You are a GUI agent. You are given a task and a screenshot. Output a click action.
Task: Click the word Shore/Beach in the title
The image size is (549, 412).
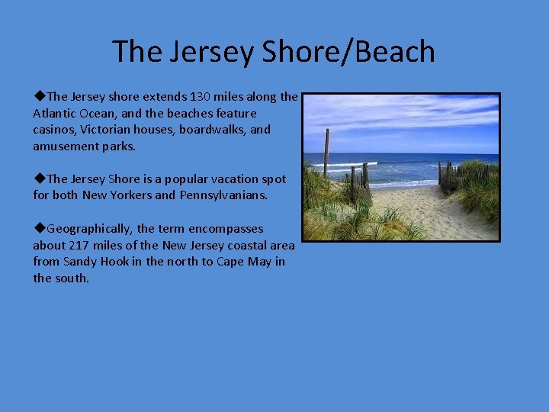tap(348, 52)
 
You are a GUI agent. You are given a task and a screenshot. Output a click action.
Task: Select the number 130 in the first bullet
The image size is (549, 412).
tap(201, 97)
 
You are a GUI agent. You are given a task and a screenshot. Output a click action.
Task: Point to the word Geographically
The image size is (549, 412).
tap(90, 229)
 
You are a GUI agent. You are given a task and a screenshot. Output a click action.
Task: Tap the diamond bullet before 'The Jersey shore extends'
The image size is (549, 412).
tap(39, 97)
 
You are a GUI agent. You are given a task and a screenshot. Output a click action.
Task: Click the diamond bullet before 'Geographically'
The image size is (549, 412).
tap(39, 229)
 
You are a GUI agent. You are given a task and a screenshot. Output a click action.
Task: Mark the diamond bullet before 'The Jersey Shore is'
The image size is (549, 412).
tap(39, 179)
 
